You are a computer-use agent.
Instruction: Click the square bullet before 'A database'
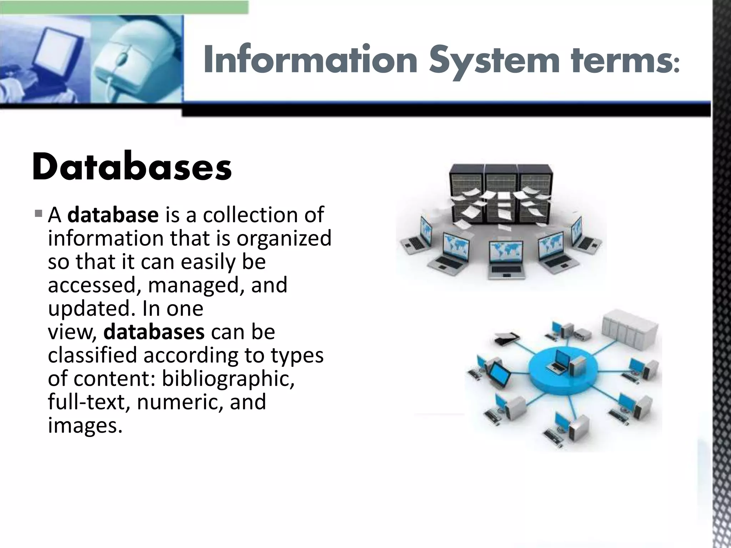pyautogui.click(x=39, y=214)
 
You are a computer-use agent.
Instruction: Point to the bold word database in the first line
pyautogui.click(x=113, y=215)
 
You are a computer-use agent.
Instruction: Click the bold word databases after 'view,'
pyautogui.click(x=154, y=332)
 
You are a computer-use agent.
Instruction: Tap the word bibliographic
pyautogui.click(x=228, y=379)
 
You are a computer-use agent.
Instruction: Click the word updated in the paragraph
pyautogui.click(x=91, y=309)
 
